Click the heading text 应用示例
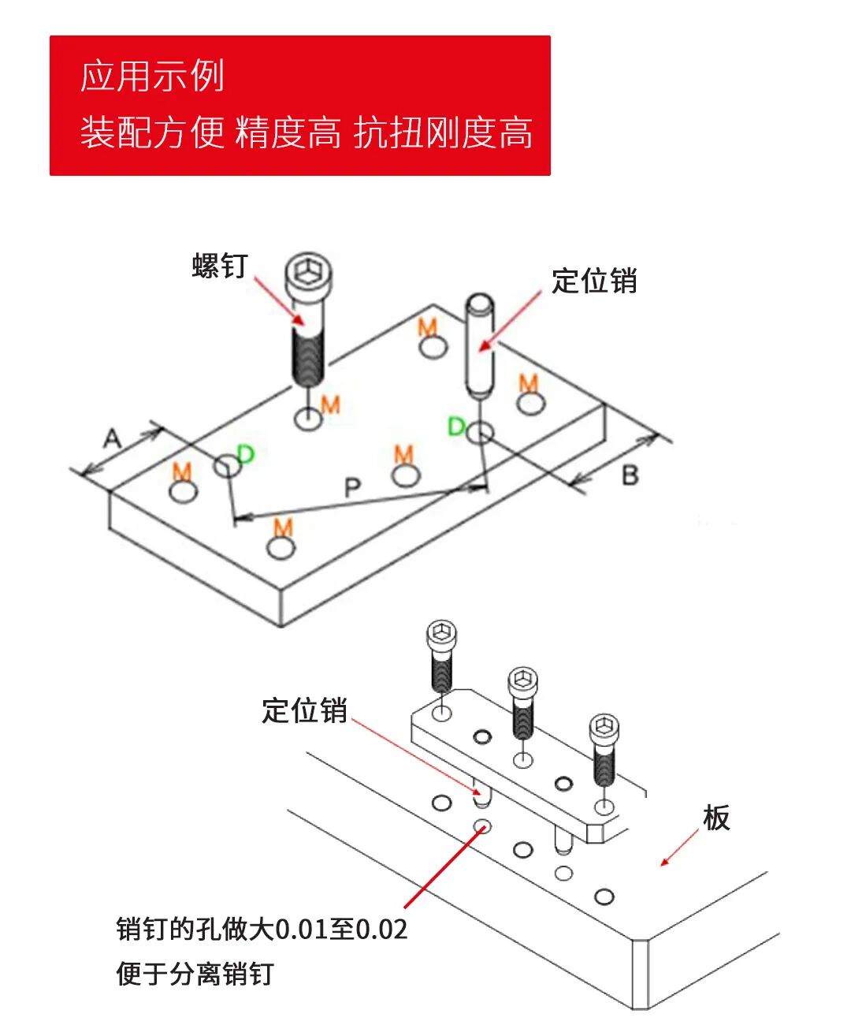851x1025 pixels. coord(152,76)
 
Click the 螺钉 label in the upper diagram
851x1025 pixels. coord(220,266)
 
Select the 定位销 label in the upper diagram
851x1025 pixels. coord(594,281)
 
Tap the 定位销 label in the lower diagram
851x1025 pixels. coord(304,710)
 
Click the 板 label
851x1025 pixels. coord(716,818)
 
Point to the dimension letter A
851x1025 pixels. coord(113,438)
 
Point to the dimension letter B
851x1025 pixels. coord(630,475)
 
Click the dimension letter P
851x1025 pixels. coord(352,487)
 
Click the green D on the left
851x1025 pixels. coord(246,453)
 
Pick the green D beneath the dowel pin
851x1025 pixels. coord(456,427)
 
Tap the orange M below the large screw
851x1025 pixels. coord(331,404)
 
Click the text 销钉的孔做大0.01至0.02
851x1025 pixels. coord(262,929)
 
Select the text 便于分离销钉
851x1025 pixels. coord(195,974)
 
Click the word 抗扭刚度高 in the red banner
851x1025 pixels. coord(443,132)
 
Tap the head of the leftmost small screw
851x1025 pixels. coord(442,634)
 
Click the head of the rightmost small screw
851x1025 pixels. coord(604,728)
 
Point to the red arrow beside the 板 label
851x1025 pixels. coord(679,848)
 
